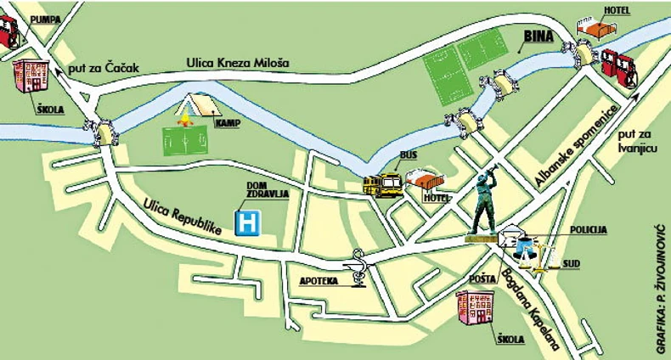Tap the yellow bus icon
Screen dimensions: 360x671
point(382,184)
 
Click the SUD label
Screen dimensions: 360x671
point(571,264)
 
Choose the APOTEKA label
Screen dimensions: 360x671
point(321,279)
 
